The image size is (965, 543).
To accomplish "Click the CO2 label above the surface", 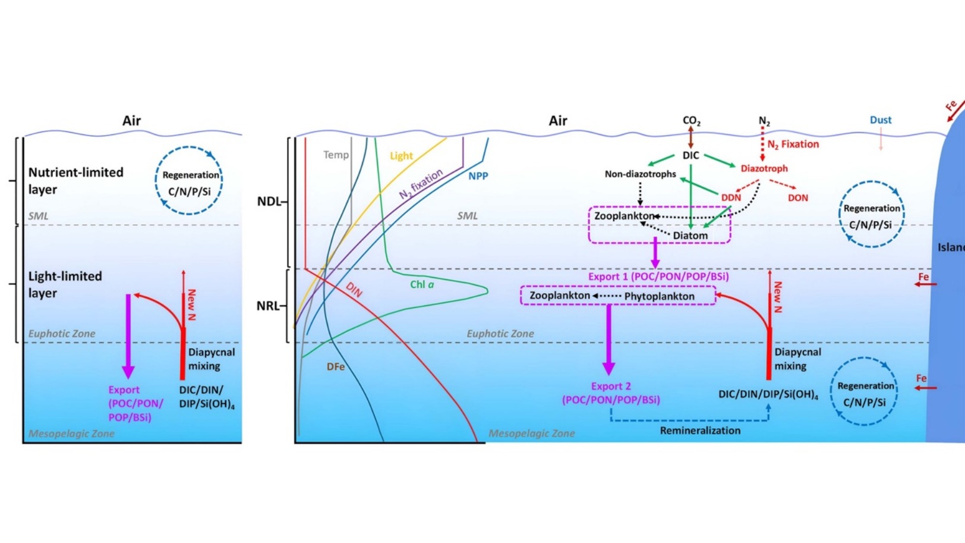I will click(691, 121).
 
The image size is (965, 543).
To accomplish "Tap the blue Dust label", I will click(880, 120).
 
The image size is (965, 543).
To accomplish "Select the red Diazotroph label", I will click(764, 169).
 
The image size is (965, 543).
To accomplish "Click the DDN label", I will click(731, 197).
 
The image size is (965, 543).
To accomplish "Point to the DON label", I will click(797, 198).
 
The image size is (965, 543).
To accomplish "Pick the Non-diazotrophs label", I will click(640, 174).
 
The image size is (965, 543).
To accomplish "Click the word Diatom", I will click(690, 236).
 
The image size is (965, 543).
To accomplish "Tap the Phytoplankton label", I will click(659, 296).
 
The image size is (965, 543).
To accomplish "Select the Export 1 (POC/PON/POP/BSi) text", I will click(658, 277).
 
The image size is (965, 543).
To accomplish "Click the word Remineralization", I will click(700, 431).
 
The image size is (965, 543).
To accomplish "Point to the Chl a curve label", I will click(422, 284).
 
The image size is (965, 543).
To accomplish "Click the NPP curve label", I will click(478, 176).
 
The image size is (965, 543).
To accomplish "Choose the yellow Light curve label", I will click(401, 156).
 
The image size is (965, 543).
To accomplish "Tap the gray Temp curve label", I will click(336, 155).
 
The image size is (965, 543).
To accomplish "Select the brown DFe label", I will click(336, 367).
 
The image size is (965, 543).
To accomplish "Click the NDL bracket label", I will click(269, 202).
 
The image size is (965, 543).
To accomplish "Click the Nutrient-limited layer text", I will click(75, 181).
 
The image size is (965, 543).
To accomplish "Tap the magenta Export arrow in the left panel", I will click(128, 337).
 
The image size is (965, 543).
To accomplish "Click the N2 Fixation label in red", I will click(793, 145).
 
